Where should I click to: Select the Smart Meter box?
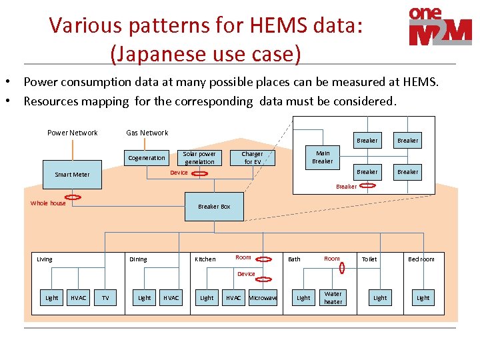[x=72, y=175]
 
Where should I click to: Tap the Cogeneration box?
[x=147, y=158]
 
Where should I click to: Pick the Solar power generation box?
[x=200, y=158]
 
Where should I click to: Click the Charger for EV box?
[x=252, y=158]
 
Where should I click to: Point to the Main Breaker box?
[x=323, y=157]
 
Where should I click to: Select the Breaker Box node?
[x=214, y=207]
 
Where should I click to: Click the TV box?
[x=105, y=297]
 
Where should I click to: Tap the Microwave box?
[x=263, y=297]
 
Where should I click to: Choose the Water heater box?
[x=333, y=297]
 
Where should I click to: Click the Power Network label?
[x=72, y=133]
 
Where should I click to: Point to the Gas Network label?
[x=147, y=133]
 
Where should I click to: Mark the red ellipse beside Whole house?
[x=73, y=197]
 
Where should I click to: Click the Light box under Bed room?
[x=423, y=297]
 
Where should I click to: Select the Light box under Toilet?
[x=380, y=297]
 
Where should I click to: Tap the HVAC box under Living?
[x=78, y=297]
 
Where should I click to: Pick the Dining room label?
[x=138, y=259]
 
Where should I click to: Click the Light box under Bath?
[x=303, y=297]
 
